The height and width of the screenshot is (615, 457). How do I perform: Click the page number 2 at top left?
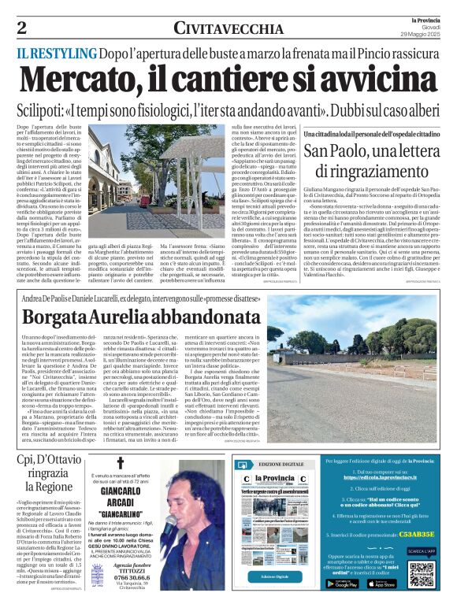coord(21,28)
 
